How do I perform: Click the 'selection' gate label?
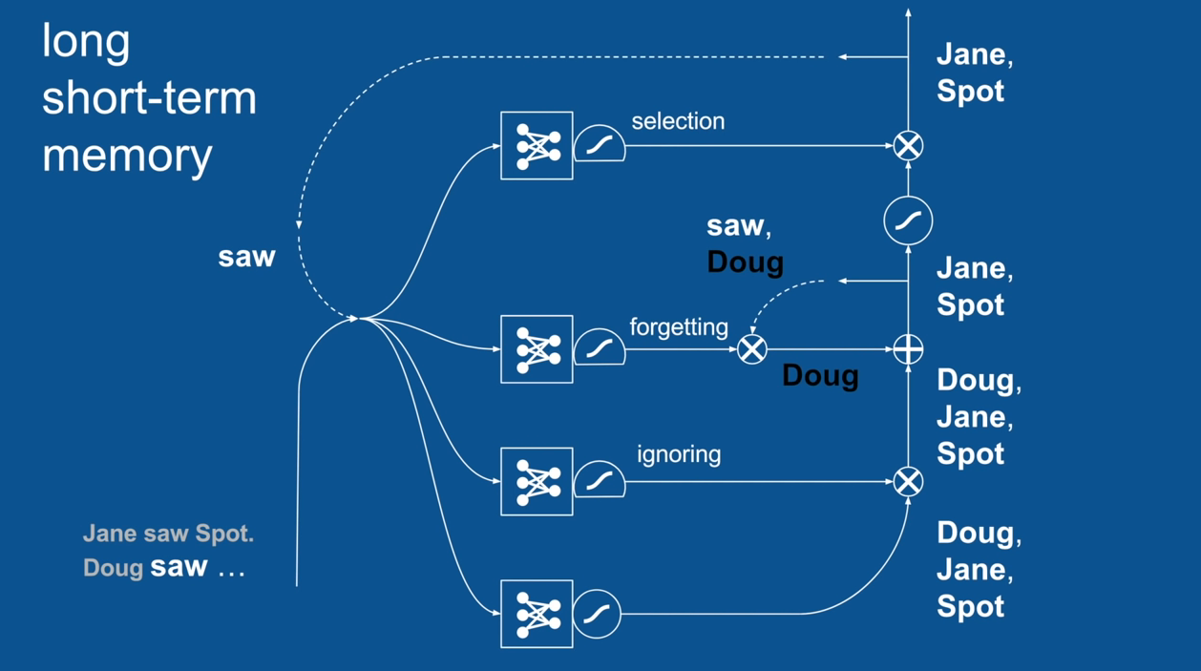click(x=678, y=121)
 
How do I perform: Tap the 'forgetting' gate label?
click(x=679, y=327)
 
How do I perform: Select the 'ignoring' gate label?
click(x=679, y=454)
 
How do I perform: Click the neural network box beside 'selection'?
click(x=537, y=146)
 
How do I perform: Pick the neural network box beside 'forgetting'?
click(x=537, y=349)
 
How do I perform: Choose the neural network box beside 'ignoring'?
click(x=537, y=481)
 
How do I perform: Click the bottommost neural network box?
click(x=537, y=614)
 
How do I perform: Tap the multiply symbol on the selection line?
click(x=908, y=146)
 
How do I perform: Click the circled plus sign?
click(x=908, y=349)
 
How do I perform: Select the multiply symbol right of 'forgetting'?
click(x=752, y=349)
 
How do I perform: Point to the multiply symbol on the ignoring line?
click(x=908, y=481)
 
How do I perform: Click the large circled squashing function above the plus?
click(x=908, y=221)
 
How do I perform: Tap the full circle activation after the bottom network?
click(x=598, y=614)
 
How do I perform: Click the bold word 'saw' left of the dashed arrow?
click(x=246, y=257)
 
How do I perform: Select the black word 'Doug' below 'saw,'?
click(x=745, y=262)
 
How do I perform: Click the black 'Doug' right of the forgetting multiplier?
click(x=820, y=375)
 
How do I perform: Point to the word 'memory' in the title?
click(x=127, y=155)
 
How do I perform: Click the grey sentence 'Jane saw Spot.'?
click(x=168, y=534)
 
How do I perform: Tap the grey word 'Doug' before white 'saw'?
click(x=113, y=568)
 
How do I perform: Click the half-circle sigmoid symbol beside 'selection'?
click(x=600, y=145)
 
